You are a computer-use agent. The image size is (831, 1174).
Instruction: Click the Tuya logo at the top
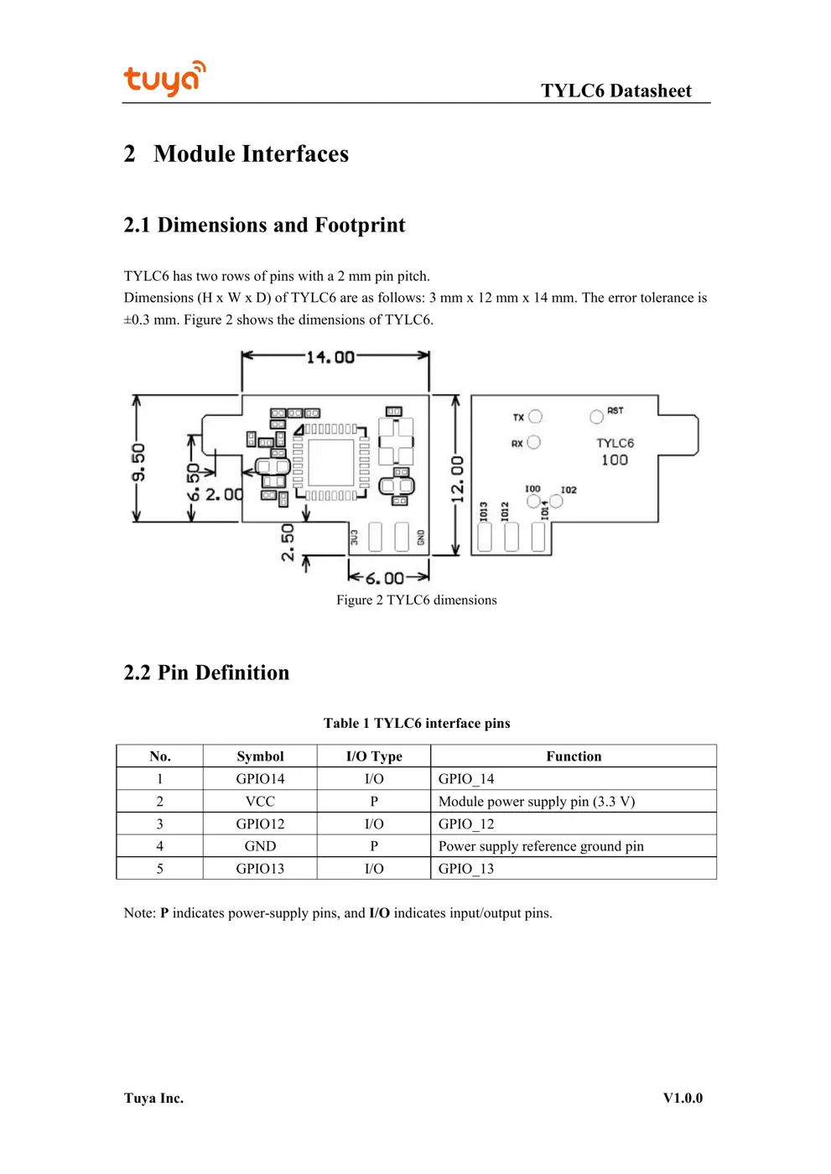tap(164, 79)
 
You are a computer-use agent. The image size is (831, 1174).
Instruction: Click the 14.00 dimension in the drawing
tap(330, 357)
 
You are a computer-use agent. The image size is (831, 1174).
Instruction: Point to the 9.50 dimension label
tap(138, 462)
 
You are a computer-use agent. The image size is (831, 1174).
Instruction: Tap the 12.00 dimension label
tap(457, 479)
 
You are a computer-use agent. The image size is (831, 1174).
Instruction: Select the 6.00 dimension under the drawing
tap(384, 578)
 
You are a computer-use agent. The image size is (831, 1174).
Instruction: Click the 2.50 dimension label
tap(288, 542)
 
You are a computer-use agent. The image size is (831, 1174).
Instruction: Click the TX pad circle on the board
tap(535, 416)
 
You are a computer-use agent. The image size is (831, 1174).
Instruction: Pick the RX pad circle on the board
tap(534, 442)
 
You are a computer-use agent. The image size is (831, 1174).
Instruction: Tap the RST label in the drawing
tap(615, 411)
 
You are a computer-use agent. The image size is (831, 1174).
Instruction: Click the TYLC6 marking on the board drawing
tap(615, 443)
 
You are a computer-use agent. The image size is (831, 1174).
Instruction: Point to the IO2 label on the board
tap(569, 490)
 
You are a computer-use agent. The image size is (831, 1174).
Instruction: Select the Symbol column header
tap(260, 756)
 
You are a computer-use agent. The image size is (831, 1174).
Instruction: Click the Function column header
tap(574, 756)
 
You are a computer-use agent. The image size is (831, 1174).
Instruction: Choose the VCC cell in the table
tap(260, 802)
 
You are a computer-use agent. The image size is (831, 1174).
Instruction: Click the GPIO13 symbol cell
tap(260, 869)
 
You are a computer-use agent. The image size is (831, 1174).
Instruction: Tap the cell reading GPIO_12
tap(466, 824)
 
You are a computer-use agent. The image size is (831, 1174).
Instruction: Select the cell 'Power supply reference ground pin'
tap(541, 846)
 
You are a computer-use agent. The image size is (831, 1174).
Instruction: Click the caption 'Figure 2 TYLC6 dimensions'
tap(417, 600)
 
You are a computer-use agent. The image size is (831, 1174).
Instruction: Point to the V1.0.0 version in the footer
tap(683, 1099)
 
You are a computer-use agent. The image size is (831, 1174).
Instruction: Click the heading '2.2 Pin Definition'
tap(206, 673)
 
